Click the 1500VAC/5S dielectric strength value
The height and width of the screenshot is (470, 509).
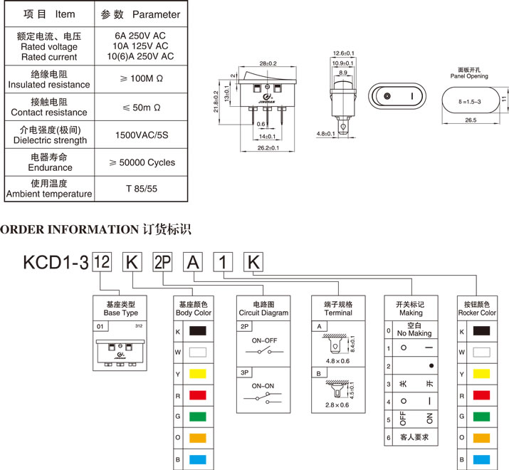[141, 135]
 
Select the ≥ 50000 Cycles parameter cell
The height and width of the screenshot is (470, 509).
[141, 162]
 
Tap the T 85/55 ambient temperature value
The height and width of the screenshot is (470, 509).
[141, 189]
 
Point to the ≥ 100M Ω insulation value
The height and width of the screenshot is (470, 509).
[141, 79]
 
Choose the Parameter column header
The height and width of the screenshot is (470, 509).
[141, 14]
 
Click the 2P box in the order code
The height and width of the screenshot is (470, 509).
[162, 262]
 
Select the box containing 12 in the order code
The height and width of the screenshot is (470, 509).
[102, 262]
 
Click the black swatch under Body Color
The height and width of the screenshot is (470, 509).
[197, 332]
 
